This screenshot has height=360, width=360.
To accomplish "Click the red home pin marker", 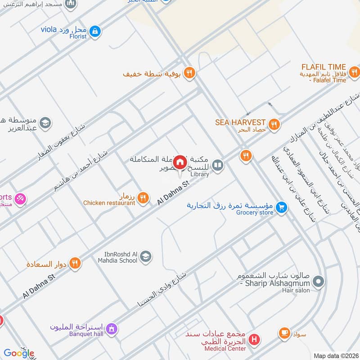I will click(180, 162).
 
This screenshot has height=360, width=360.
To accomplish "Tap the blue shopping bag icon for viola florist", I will click(95, 31).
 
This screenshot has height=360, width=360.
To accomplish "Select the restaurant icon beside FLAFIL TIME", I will click(355, 72).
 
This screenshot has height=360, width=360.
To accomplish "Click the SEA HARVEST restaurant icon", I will click(273, 124).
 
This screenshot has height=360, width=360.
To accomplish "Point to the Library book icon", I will click(218, 166).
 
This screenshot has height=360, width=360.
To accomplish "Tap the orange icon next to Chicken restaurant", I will click(143, 197).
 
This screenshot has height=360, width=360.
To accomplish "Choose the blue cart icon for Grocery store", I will click(282, 207).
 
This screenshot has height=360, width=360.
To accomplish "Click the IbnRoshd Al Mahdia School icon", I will click(146, 257).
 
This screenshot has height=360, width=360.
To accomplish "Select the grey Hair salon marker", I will click(318, 282).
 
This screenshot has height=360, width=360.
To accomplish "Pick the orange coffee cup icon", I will click(284, 333).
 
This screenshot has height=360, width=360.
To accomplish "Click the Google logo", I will click(18, 353).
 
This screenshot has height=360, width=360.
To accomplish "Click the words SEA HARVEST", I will click(240, 122).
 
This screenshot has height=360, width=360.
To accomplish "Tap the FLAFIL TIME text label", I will click(324, 67).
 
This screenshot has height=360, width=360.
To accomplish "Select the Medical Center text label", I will click(225, 348).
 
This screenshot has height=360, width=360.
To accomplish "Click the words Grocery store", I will click(254, 212).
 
